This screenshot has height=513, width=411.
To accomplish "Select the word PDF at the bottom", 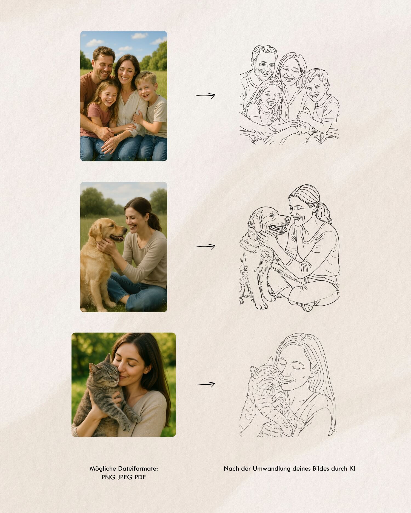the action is (140, 477).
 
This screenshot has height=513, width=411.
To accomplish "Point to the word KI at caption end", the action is (352, 468).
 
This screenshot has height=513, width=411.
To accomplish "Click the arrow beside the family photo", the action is (206, 95).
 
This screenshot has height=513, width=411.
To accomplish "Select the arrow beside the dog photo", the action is (206, 246).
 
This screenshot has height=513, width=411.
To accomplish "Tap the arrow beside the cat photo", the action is (206, 384).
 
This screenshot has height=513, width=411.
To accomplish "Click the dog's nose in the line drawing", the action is (287, 219).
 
